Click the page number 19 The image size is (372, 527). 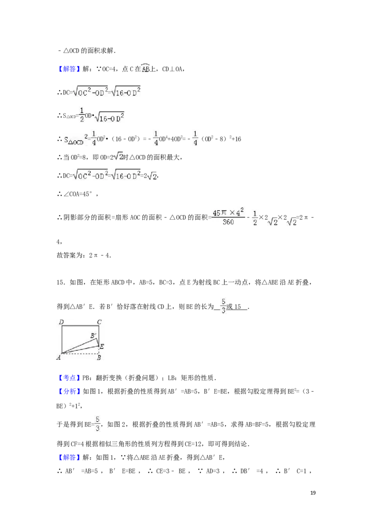point(313,493)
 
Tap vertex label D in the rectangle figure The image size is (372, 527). point(61,322)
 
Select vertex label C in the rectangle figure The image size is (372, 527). point(100,322)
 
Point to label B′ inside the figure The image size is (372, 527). point(93,335)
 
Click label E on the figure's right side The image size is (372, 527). point(102,346)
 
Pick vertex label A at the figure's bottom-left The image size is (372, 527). point(59,358)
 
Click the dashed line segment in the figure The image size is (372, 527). point(80,353)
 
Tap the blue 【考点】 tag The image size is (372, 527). point(69,378)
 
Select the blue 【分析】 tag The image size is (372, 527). point(69,391)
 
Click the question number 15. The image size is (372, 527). point(61,282)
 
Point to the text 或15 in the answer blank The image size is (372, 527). point(234,306)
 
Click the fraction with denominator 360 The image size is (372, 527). point(228,217)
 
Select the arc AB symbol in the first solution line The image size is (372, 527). point(146,68)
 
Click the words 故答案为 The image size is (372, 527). point(69,255)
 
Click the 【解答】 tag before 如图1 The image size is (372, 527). point(69,458)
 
